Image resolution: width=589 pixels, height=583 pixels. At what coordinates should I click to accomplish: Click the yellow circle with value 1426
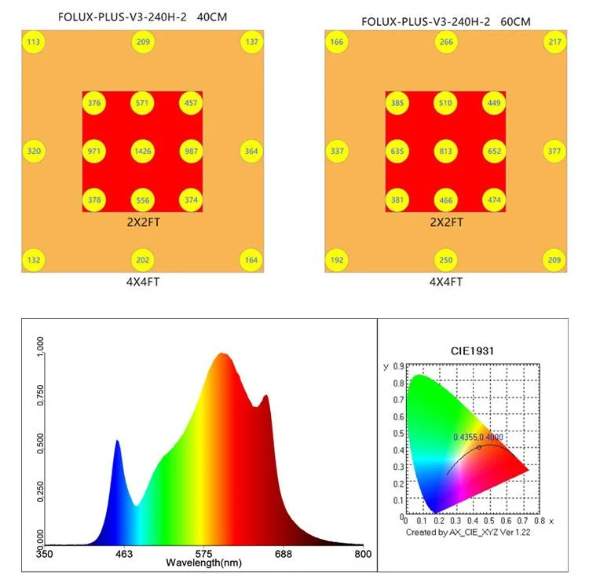tap(143, 151)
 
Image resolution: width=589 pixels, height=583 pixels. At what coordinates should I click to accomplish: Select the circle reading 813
tap(445, 151)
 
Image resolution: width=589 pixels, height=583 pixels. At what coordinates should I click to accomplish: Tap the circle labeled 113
tap(35, 42)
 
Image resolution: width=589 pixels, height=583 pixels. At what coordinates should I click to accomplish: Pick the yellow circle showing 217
tap(554, 42)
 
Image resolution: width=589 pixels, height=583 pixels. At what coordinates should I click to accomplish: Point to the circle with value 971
tap(95, 151)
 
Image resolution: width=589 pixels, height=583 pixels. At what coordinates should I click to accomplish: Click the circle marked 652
tap(494, 151)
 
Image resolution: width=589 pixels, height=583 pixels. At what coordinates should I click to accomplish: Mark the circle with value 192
tap(338, 260)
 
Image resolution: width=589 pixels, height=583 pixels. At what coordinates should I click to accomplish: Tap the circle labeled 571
tap(143, 103)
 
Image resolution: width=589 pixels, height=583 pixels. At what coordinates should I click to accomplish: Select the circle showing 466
tap(445, 200)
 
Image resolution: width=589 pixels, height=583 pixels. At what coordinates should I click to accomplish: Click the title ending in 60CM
tap(445, 21)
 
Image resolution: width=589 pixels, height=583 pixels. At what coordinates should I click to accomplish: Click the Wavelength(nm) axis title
tap(203, 563)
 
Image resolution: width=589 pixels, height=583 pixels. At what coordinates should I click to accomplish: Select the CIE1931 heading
tap(477, 351)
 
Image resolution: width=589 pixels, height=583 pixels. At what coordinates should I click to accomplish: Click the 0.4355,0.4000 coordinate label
tap(478, 437)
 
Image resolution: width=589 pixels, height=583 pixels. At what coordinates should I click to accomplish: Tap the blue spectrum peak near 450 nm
tap(118, 442)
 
